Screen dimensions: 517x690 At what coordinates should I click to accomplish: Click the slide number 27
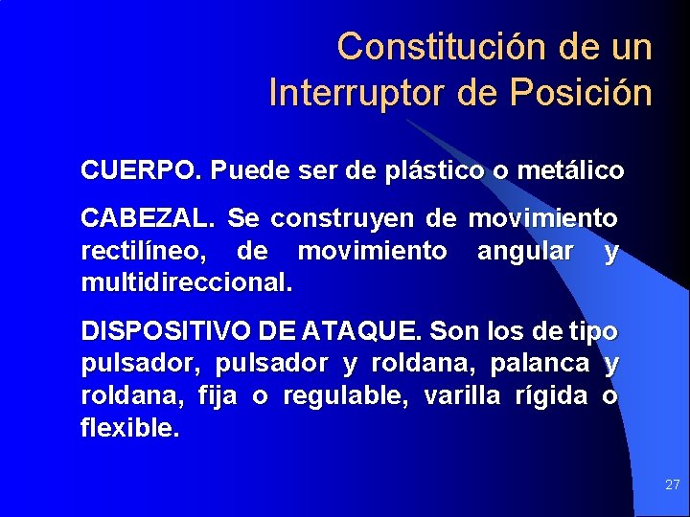click(x=672, y=485)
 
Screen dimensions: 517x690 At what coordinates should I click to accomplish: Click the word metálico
click(x=570, y=171)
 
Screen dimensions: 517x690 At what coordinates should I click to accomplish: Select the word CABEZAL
click(x=148, y=219)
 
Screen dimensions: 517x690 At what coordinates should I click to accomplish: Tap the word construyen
click(x=345, y=219)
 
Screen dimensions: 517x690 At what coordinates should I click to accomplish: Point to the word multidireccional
click(x=187, y=284)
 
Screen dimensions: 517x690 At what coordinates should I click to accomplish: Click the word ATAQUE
click(x=361, y=332)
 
